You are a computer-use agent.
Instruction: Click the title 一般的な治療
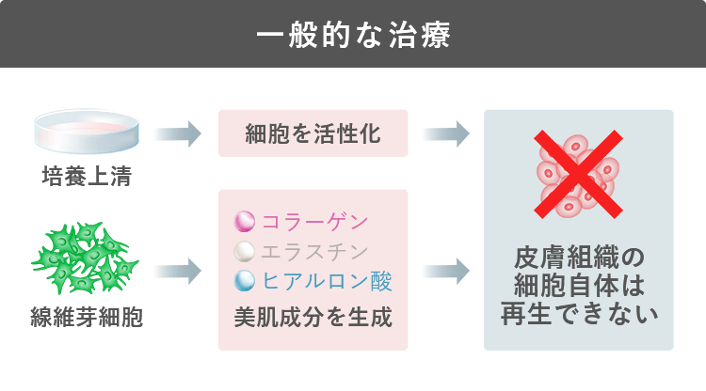pos(353,35)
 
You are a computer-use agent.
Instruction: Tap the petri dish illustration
pos(87,131)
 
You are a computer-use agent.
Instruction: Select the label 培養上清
pos(87,176)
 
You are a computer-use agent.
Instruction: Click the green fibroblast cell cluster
pos(85,258)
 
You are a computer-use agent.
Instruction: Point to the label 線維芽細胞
pos(87,317)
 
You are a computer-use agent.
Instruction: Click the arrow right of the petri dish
pos(178,133)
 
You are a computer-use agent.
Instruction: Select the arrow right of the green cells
pos(178,271)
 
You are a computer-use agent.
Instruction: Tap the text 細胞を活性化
pos(313,133)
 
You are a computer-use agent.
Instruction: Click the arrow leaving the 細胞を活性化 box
pos(446,133)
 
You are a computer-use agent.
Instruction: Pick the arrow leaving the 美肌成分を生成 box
pos(446,271)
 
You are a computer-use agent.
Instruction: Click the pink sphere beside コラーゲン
pos(245,222)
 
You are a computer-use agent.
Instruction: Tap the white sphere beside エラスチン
pos(245,251)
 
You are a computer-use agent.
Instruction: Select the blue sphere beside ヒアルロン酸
pos(245,281)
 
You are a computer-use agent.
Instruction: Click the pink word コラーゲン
pos(314,222)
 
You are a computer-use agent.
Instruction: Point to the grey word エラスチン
pos(314,252)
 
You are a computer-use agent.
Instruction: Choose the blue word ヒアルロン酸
pos(328,281)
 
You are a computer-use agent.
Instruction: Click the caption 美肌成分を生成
pos(313,318)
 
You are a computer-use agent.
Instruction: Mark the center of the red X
pos(579,175)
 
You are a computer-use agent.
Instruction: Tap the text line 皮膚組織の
pos(579,258)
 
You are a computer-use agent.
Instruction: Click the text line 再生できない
pos(579,314)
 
